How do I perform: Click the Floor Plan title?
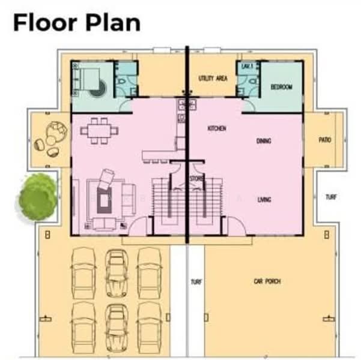(x=77, y=22)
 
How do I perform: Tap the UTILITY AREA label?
(x=212, y=79)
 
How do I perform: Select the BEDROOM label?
(x=281, y=87)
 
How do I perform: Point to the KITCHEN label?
(x=216, y=128)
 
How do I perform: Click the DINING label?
(x=264, y=141)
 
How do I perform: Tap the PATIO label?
(x=325, y=140)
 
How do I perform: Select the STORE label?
(x=196, y=178)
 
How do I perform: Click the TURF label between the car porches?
(x=196, y=282)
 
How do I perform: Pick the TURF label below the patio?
(x=331, y=197)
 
